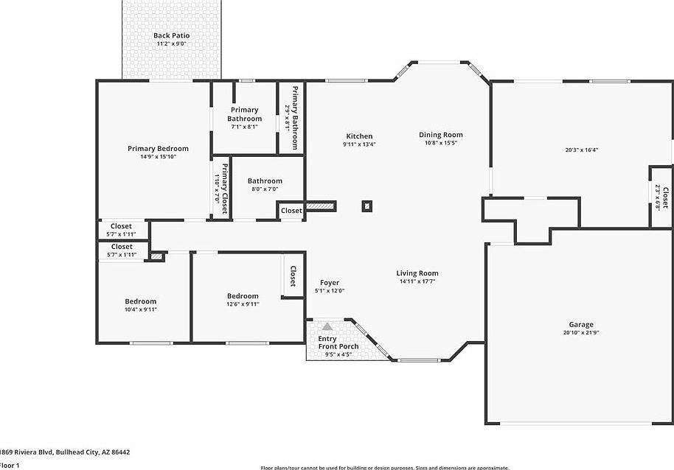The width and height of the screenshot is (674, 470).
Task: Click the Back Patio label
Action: click(171, 35)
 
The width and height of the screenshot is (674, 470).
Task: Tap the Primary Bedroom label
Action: click(158, 149)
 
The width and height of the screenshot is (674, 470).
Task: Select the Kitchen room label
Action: click(359, 136)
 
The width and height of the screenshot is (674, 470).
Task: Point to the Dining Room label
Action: click(441, 135)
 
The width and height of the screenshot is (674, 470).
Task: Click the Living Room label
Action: click(417, 273)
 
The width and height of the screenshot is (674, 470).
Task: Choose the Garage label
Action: click(580, 325)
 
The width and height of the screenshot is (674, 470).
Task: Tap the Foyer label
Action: click(330, 283)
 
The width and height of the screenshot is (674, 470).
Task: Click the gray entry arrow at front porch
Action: click(327, 326)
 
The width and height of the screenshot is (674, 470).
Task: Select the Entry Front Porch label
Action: click(338, 343)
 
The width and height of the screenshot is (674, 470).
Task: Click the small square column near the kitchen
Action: click(366, 206)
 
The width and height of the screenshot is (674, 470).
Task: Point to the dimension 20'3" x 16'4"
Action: click(582, 150)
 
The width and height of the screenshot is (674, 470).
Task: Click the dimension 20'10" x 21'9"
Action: click(580, 333)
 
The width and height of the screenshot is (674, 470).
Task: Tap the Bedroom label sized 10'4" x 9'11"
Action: click(140, 301)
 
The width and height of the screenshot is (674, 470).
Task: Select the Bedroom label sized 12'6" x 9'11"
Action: click(243, 296)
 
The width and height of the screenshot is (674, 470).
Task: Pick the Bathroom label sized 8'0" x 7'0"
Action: click(265, 181)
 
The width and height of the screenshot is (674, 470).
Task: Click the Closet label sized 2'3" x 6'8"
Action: click(664, 197)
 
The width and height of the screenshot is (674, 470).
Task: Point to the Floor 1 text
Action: click(10, 465)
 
